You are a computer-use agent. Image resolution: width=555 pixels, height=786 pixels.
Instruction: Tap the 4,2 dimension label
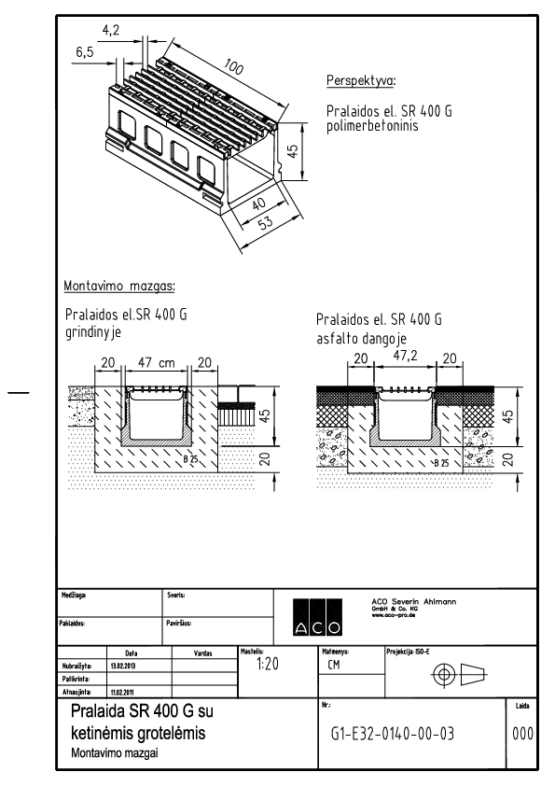pyautogui.click(x=111, y=31)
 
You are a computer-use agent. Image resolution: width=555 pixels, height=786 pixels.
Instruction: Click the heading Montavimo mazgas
pyautogui.click(x=119, y=285)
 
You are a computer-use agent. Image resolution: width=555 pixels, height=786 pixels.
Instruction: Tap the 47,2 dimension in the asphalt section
pyautogui.click(x=406, y=357)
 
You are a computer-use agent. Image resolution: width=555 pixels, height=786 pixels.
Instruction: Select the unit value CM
pyautogui.click(x=336, y=667)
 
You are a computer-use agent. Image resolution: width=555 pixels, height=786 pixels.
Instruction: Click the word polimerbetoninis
pyautogui.click(x=374, y=124)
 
